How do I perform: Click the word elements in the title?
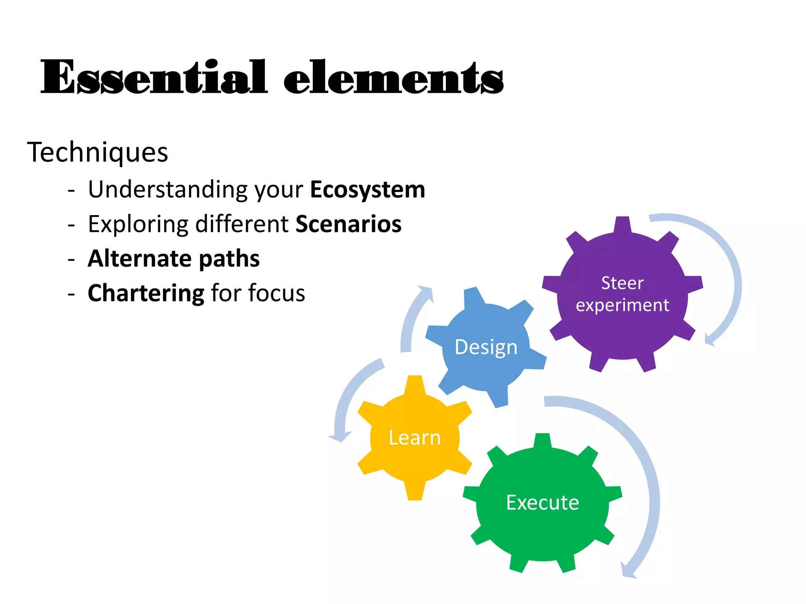pyautogui.click(x=394, y=77)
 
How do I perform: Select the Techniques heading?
pyautogui.click(x=98, y=152)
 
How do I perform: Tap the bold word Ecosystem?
pyautogui.click(x=368, y=190)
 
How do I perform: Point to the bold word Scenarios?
pyautogui.click(x=348, y=224)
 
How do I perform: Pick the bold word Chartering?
pyautogui.click(x=146, y=293)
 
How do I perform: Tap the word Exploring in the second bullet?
pyautogui.click(x=138, y=224)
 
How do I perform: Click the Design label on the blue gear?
pyautogui.click(x=486, y=347)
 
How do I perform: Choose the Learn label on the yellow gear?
pyautogui.click(x=414, y=438)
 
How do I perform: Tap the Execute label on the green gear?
pyautogui.click(x=542, y=503)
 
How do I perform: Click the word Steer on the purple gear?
pyautogui.click(x=622, y=283)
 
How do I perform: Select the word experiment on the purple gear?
pyautogui.click(x=622, y=305)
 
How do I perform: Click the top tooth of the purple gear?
pyautogui.click(x=623, y=224)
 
